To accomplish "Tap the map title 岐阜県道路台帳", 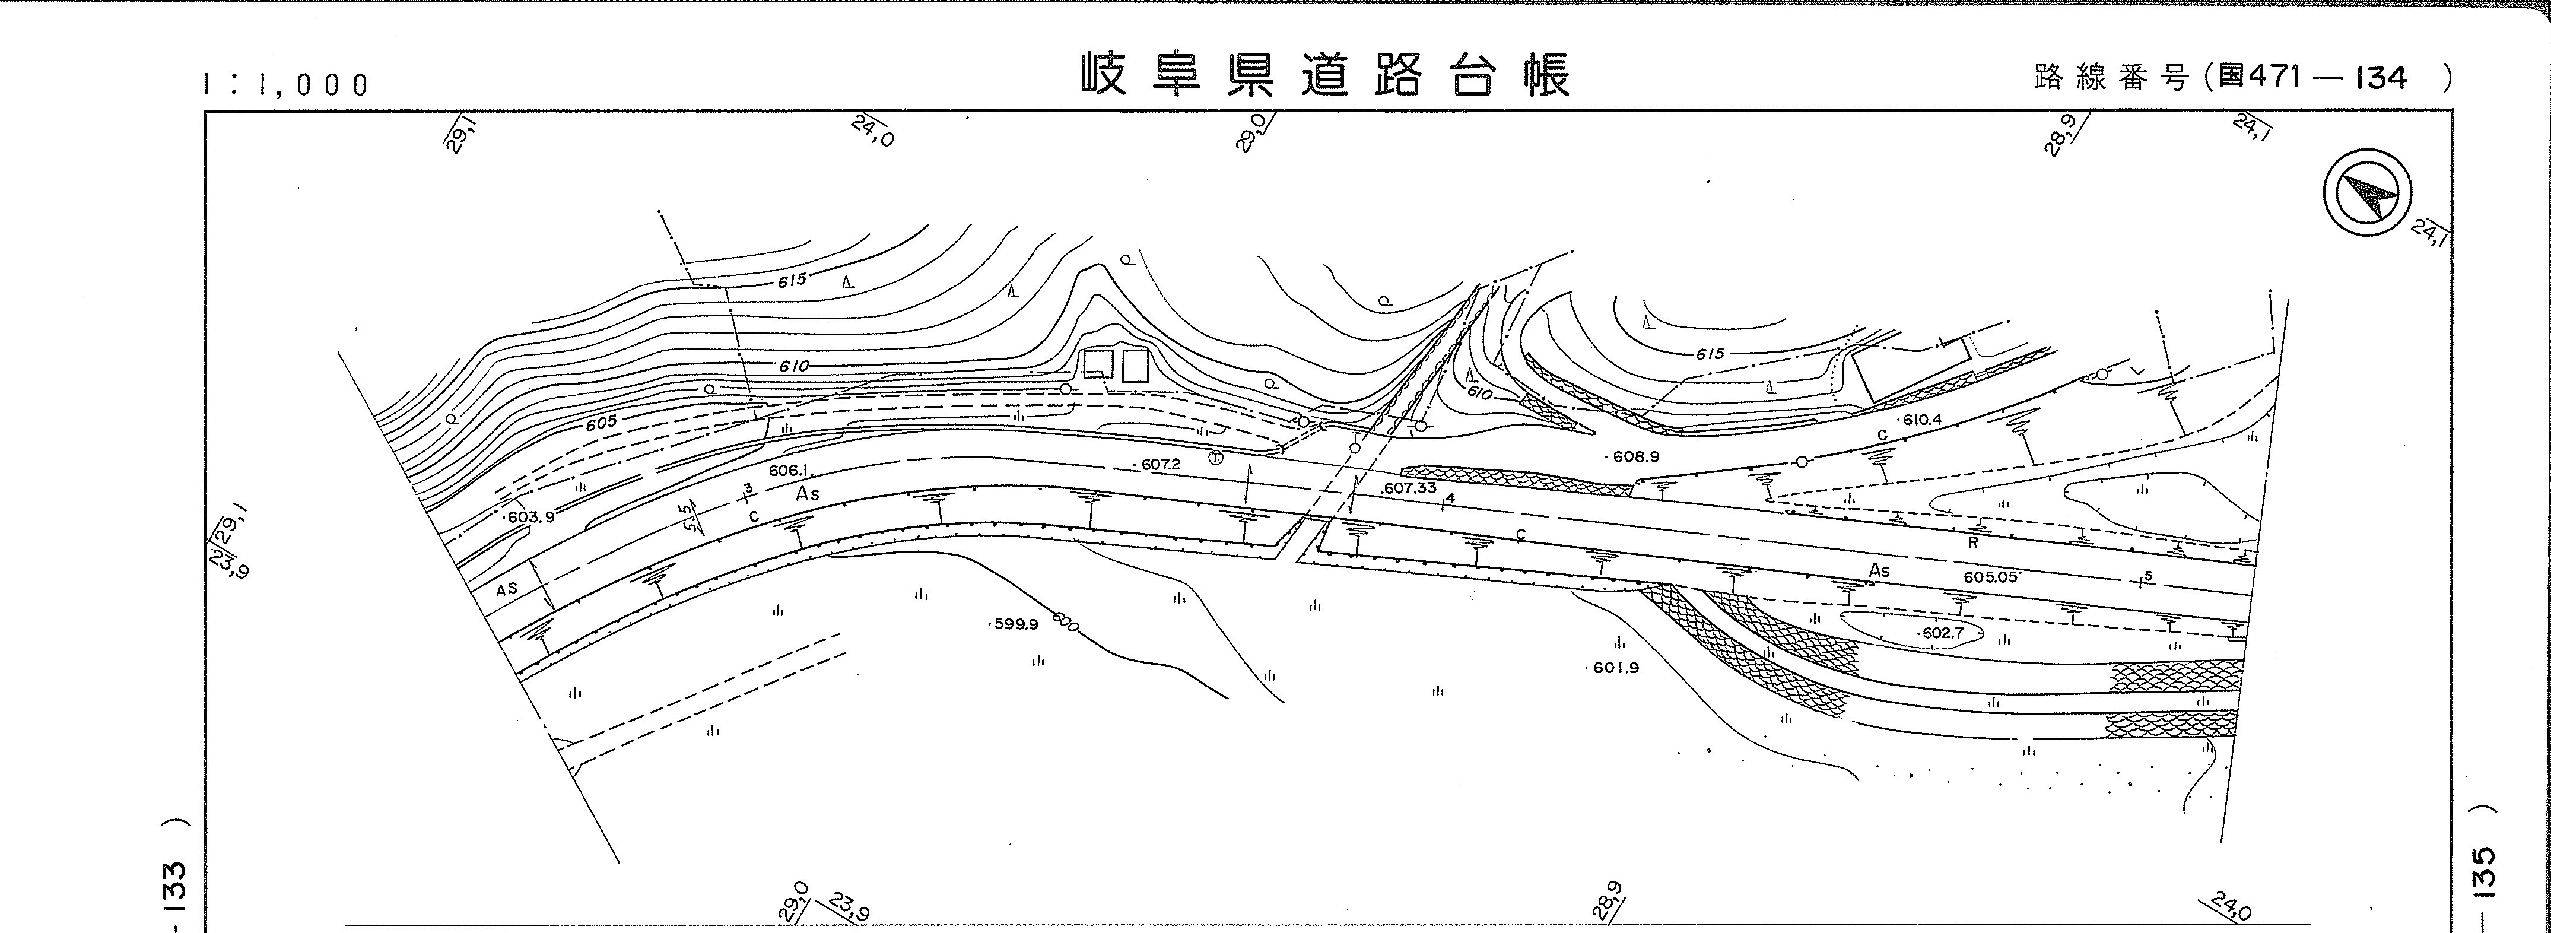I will point(1325,75).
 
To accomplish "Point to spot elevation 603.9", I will point(530,517).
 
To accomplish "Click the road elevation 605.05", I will point(1990,576).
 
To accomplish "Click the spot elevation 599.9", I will point(1015,624).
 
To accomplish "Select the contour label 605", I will point(600,423).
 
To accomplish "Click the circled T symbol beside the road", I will point(1215,458).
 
